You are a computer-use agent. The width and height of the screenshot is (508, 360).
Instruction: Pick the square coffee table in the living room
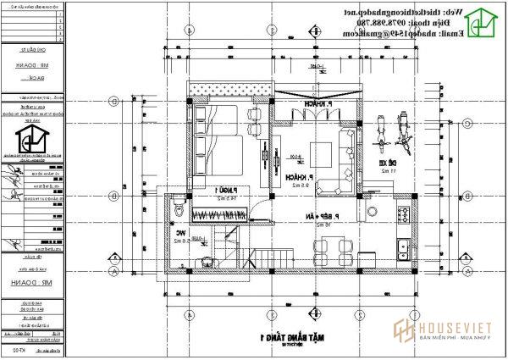(322, 154)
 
